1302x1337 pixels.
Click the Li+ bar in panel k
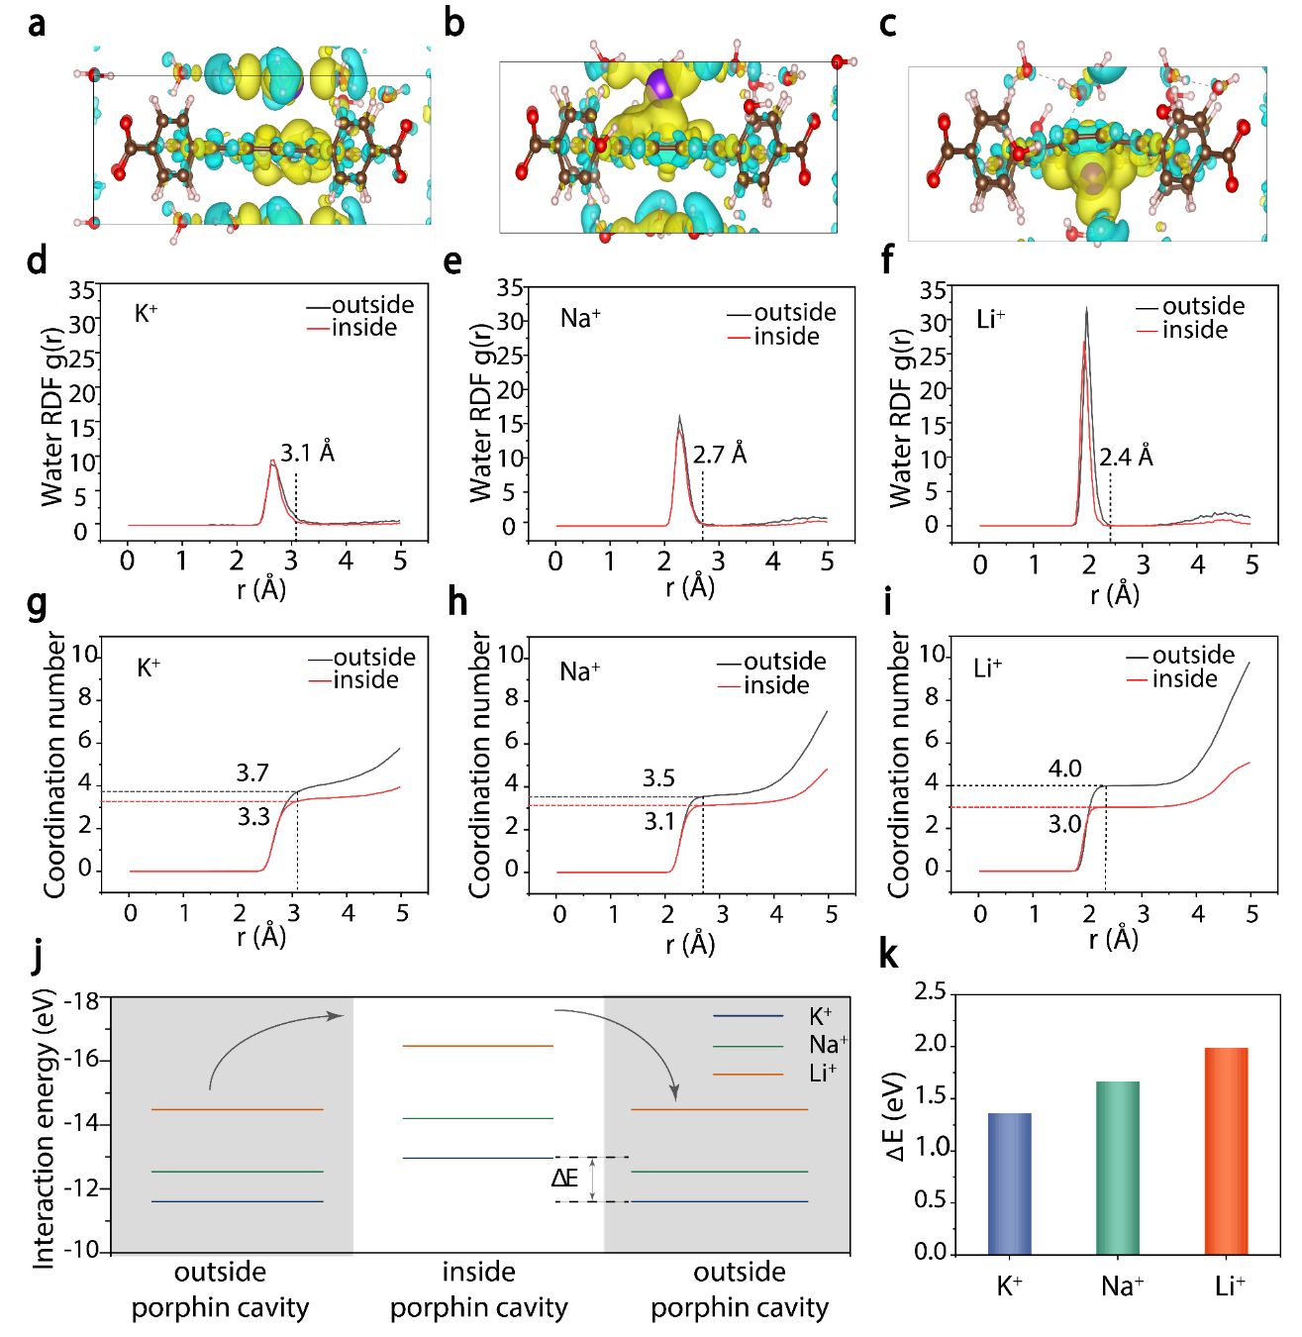1226,1151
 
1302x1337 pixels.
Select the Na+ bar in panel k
1118,1168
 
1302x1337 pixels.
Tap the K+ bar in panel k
1009,1183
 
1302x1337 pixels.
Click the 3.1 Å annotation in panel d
307,454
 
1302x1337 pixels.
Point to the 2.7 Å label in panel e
720,455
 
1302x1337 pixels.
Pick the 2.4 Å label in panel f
1126,457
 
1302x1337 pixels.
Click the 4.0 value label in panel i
1065,769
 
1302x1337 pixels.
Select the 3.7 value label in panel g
252,772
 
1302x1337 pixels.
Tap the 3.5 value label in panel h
658,778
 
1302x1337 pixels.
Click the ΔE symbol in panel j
564,1178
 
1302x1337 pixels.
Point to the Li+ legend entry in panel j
822,1073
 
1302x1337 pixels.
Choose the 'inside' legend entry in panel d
363,328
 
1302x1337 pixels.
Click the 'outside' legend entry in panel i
1193,655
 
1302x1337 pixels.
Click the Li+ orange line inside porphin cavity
477,1046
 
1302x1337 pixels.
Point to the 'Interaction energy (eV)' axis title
44,1128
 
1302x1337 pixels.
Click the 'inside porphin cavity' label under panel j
478,1289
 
